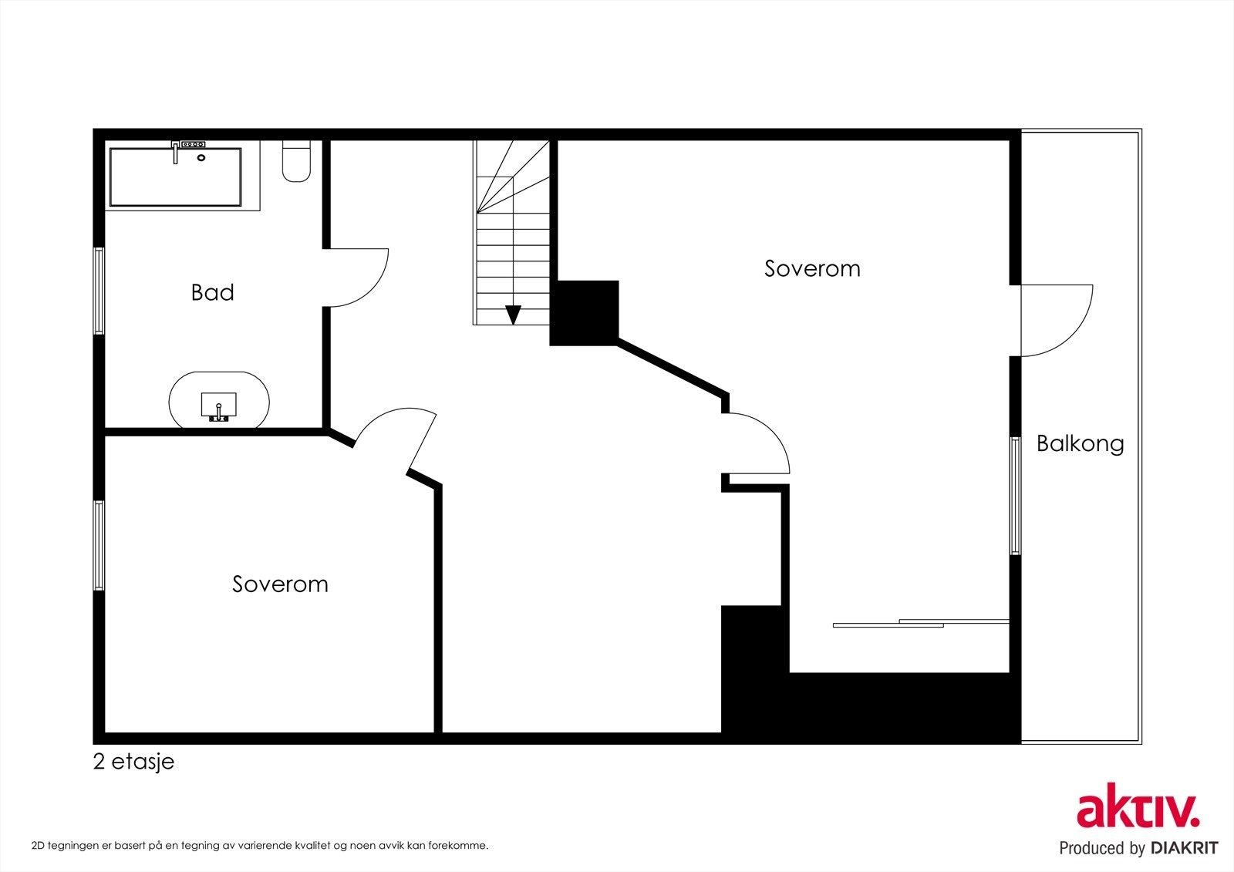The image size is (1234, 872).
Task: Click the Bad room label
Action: coord(213,292)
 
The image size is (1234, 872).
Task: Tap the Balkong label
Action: coord(1081,444)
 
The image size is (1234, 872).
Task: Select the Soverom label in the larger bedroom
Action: coord(812,268)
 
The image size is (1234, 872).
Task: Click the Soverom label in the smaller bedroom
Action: coord(280,584)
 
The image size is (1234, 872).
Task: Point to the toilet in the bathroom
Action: coord(296,161)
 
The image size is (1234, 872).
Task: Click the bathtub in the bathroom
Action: coord(176,177)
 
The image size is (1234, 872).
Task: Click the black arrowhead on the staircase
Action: coord(514,315)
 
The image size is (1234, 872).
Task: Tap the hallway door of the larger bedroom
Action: coord(771,435)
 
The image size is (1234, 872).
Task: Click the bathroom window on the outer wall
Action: coord(99,291)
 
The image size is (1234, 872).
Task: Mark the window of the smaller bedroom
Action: coord(99,545)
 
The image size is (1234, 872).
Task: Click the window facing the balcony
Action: coord(1015,495)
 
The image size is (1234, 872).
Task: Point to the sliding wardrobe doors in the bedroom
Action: coord(921,623)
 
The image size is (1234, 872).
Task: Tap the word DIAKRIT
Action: coord(1184,848)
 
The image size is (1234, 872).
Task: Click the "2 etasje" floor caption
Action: coord(134,762)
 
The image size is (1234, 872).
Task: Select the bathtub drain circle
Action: coord(201,157)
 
